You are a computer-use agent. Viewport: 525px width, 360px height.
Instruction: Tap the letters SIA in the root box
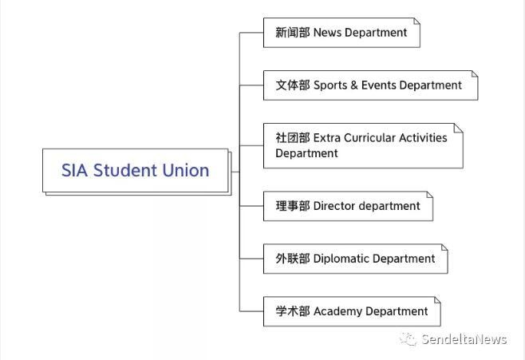74,170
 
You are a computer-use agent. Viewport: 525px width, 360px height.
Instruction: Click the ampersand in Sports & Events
354,85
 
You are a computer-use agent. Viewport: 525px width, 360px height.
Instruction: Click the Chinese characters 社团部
292,137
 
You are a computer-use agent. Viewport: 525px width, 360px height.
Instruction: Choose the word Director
334,206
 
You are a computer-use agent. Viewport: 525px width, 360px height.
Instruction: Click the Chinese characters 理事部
292,206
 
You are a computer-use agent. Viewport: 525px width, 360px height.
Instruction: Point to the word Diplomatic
341,259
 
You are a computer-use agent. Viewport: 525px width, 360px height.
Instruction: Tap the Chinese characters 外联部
292,259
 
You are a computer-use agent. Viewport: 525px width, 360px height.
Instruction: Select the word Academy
337,311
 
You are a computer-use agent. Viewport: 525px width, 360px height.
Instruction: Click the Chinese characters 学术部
292,311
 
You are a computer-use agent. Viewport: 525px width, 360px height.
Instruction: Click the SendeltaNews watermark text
464,339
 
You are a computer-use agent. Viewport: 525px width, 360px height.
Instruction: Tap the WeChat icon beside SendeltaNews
409,339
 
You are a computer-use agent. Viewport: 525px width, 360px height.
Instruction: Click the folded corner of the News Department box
416,22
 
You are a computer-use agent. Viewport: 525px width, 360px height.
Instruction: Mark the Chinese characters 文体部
292,85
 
